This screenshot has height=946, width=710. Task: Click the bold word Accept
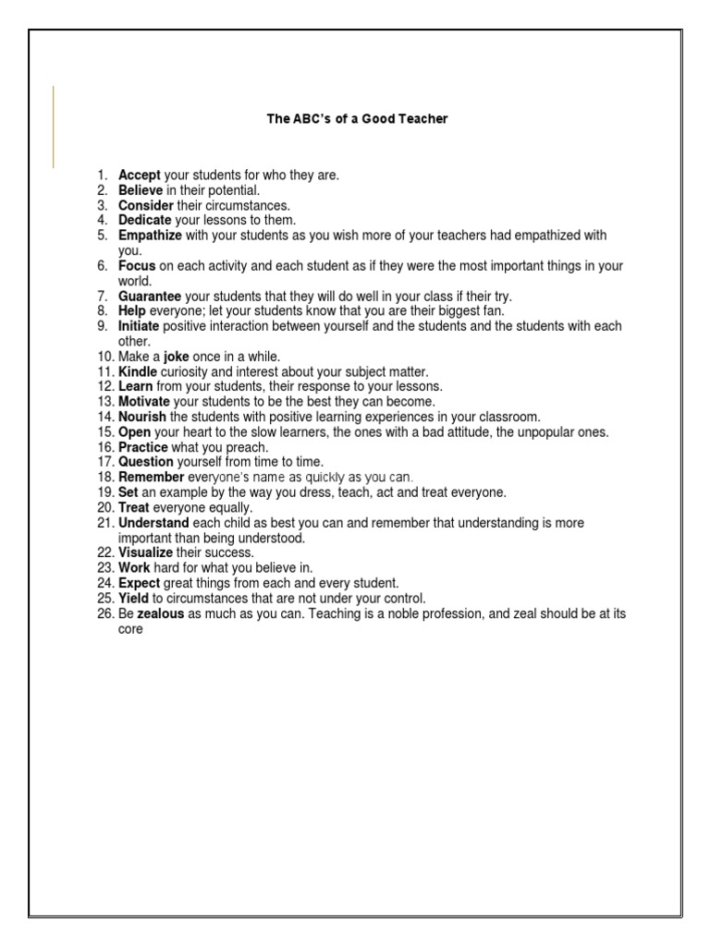139,175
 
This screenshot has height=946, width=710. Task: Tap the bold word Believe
141,190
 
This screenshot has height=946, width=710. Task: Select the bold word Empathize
150,236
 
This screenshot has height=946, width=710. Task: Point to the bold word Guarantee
150,297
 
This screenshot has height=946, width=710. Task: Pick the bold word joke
177,357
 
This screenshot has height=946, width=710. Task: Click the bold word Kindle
139,371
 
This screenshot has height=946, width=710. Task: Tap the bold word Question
145,462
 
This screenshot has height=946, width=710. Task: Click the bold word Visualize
146,552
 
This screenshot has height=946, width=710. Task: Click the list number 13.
103,402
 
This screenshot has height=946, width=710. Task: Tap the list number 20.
103,507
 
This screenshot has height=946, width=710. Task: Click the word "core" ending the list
130,629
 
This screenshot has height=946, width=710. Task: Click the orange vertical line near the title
53,126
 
